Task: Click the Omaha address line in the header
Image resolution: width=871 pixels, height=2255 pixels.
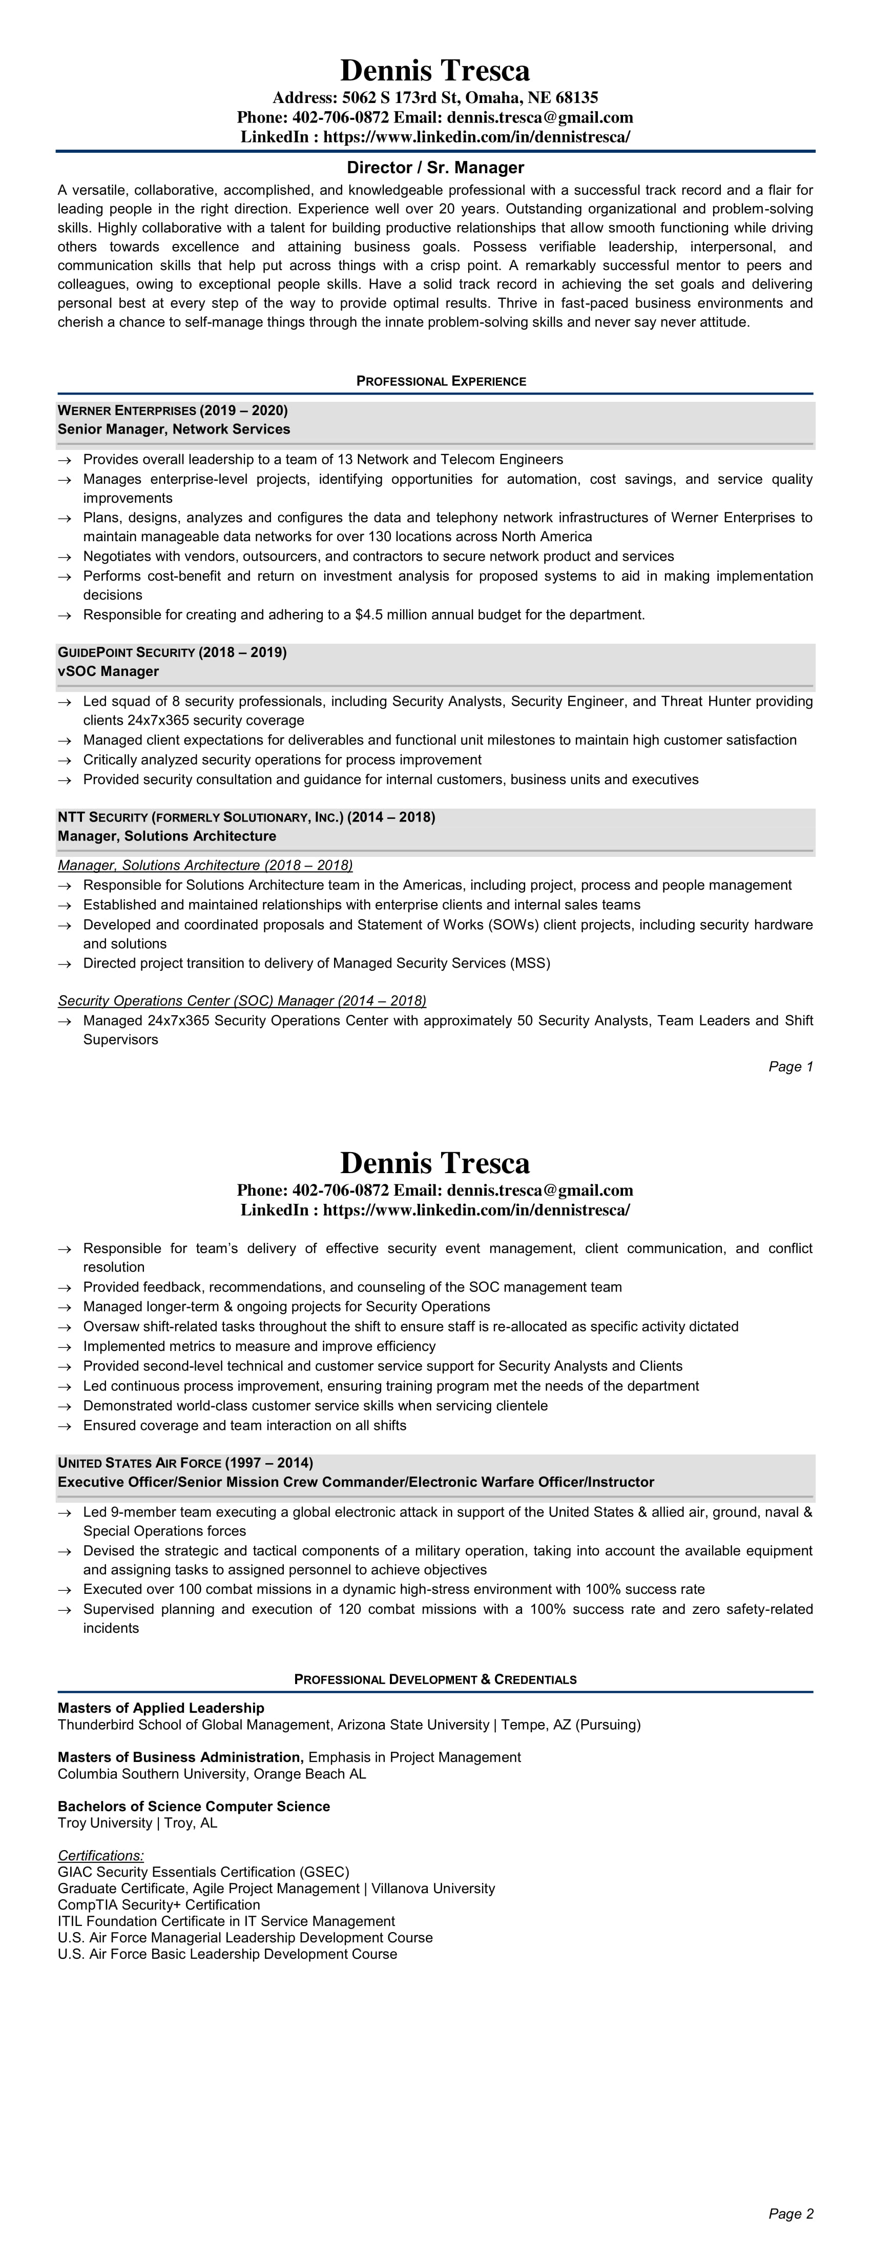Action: pyautogui.click(x=435, y=97)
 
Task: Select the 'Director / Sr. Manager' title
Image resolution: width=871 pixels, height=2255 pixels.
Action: pyautogui.click(x=435, y=167)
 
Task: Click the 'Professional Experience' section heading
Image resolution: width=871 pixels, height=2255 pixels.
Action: pyautogui.click(x=440, y=381)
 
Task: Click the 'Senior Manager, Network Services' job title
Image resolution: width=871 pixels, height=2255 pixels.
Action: pyautogui.click(x=173, y=429)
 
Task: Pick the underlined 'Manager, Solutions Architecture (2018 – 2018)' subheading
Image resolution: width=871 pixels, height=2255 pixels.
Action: pyautogui.click(x=205, y=865)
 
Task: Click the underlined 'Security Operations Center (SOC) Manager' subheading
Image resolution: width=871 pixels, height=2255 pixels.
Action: pyautogui.click(x=242, y=1000)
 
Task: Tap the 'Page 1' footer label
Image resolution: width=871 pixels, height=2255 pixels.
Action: pyautogui.click(x=791, y=1066)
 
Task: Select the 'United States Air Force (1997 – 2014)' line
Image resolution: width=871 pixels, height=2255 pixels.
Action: pyautogui.click(x=185, y=1463)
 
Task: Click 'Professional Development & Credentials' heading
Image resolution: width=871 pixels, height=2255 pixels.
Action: pyautogui.click(x=435, y=1679)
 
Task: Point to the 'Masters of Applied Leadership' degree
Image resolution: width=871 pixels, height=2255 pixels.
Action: pyautogui.click(x=161, y=1708)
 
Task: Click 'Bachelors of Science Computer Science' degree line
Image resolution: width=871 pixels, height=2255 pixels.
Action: pyautogui.click(x=194, y=1806)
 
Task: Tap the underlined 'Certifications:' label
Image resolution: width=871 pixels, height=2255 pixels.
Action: pyautogui.click(x=100, y=1855)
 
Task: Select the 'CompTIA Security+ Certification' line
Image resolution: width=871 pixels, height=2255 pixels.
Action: pyautogui.click(x=158, y=1904)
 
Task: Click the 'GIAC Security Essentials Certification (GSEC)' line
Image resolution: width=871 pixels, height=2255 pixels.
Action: pyautogui.click(x=203, y=1872)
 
